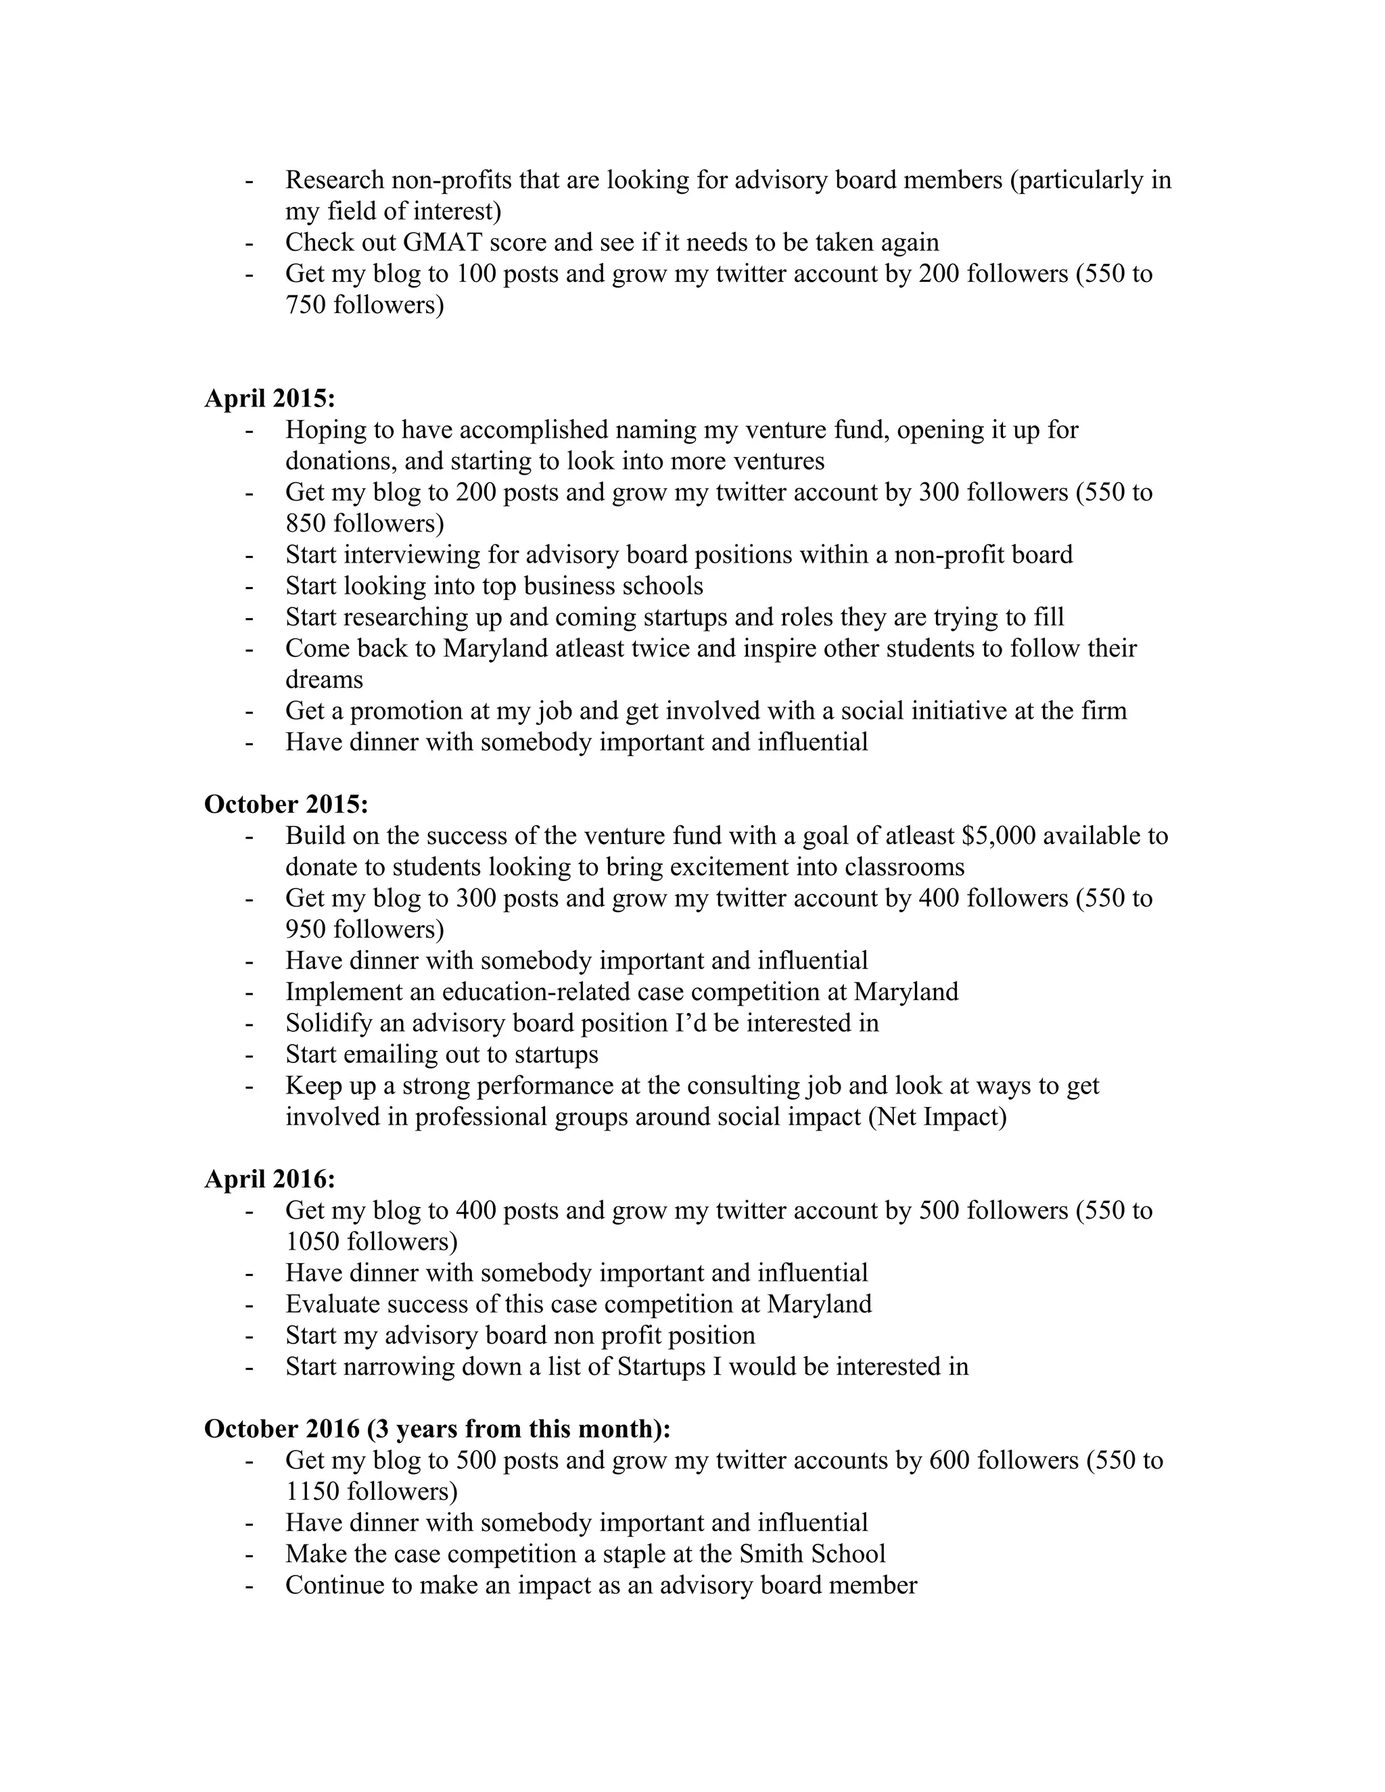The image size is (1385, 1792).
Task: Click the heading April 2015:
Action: [x=269, y=399]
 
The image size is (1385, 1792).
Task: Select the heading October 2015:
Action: [x=285, y=804]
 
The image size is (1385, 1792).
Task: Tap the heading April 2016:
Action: [x=269, y=1179]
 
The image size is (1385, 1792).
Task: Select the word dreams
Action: [x=324, y=680]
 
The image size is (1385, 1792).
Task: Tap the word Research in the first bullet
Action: [x=335, y=180]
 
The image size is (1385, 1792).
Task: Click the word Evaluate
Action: [x=332, y=1304]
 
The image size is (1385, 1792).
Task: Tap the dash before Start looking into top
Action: [x=249, y=587]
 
